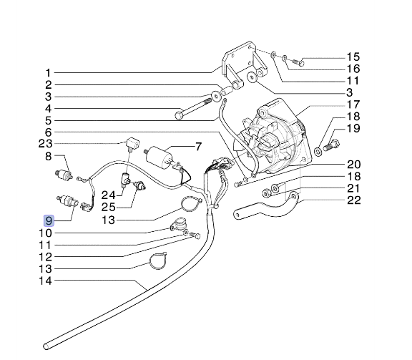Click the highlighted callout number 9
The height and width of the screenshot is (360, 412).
(48, 221)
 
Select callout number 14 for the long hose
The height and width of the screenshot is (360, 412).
(44, 281)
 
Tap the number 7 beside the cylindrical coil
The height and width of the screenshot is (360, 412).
(200, 147)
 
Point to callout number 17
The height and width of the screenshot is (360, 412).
(353, 104)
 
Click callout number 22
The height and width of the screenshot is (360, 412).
(353, 200)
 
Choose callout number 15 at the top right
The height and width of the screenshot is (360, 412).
(353, 57)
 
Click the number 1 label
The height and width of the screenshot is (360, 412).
(48, 72)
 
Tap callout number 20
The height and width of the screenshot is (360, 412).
(353, 164)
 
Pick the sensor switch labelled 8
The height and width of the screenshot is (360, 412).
(66, 175)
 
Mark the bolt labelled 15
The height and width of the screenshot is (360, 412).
(299, 62)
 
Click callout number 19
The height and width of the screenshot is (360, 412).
(353, 129)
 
